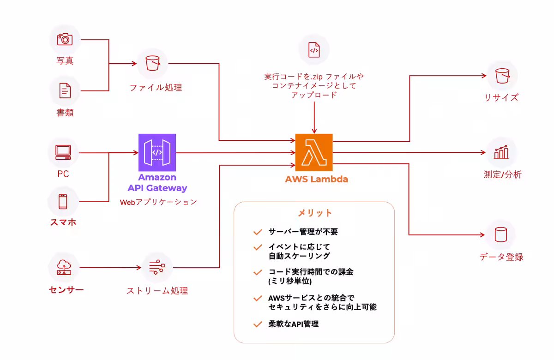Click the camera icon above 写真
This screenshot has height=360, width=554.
65,39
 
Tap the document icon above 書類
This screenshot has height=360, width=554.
65,91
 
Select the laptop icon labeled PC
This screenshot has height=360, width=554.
63,152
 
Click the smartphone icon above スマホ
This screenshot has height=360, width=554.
63,201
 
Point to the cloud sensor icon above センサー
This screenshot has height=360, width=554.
63,267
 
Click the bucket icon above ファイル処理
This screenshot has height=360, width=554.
153,64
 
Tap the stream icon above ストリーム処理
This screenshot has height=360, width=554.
157,267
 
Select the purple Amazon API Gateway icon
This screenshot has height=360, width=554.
157,153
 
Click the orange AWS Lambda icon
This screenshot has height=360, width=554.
314,153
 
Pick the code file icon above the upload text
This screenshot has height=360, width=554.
314,50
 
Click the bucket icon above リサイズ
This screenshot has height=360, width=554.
502,75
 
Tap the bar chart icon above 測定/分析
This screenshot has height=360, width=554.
501,152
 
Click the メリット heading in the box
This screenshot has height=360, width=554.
314,213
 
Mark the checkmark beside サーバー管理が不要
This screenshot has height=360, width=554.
258,232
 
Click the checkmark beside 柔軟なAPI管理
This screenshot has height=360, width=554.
258,324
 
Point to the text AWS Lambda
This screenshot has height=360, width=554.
316,179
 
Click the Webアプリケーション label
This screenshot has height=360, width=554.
158,202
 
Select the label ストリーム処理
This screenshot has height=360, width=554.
157,291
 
